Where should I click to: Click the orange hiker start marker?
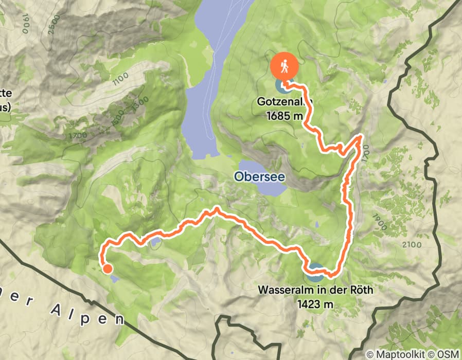pyautogui.click(x=284, y=66)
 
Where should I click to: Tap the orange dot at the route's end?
pyautogui.click(x=107, y=268)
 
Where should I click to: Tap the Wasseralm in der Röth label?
pyautogui.click(x=315, y=290)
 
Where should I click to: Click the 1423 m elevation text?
pyautogui.click(x=315, y=303)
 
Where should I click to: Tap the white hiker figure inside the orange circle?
pyautogui.click(x=284, y=65)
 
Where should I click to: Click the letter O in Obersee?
pyautogui.click(x=239, y=176)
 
